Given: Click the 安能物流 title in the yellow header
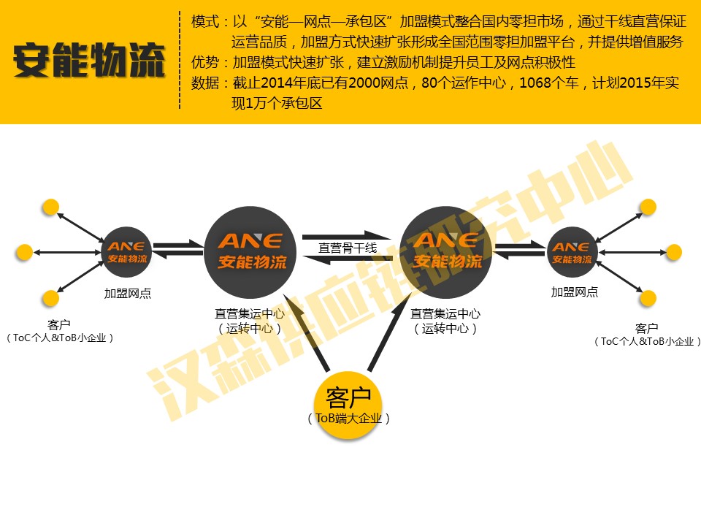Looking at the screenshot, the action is pos(89,62).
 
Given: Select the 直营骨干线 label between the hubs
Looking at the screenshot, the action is pos(348,248).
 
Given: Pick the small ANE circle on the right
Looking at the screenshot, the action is pos(572,252).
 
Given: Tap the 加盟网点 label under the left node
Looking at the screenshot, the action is pos(127,294).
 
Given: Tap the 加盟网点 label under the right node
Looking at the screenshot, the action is pos(574,292).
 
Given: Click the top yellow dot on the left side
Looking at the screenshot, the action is pos(50,207).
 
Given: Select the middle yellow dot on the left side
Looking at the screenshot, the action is pos(24,253).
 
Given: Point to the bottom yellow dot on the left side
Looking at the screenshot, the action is pos(50,297).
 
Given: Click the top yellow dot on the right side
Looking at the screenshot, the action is pos(647,207).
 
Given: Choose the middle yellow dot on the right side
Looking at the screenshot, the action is pos(673,253).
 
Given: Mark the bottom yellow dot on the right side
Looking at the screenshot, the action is pos(647,297).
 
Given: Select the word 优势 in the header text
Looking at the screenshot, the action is pos(205,62).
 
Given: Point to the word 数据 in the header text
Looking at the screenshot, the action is pos(205,83).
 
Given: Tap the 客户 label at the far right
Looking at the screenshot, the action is pos(646,328).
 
